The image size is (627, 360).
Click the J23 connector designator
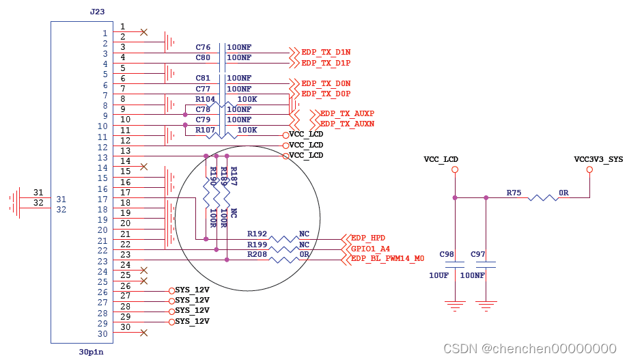(97, 12)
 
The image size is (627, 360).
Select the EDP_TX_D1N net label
(326, 53)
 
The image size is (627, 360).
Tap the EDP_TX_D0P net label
(326, 94)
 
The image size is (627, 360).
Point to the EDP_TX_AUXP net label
(347, 113)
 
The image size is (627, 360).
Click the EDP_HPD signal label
(368, 238)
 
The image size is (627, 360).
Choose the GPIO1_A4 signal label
(370, 249)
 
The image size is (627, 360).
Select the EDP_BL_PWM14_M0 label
(387, 259)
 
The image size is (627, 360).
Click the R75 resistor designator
(514, 193)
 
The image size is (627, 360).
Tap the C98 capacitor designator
(447, 254)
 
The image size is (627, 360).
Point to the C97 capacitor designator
(478, 254)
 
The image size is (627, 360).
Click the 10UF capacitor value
(438, 275)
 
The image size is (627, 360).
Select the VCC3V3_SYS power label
(598, 159)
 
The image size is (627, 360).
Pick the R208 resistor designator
(257, 254)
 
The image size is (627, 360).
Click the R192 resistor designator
(257, 233)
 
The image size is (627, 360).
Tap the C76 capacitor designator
(203, 47)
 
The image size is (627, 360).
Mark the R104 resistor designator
(205, 99)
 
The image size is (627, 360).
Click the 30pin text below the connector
(91, 352)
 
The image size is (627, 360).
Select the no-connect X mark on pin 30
(143, 333)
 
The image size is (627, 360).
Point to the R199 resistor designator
(257, 244)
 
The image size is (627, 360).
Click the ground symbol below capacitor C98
(454, 305)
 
